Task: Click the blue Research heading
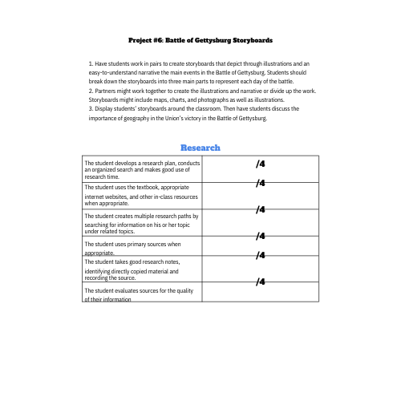pyautogui.click(x=200, y=148)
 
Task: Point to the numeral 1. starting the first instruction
pyautogui.click(x=91, y=63)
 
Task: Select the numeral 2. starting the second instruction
pyautogui.click(x=91, y=91)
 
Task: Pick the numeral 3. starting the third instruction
pyautogui.click(x=91, y=108)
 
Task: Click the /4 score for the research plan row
pyautogui.click(x=260, y=164)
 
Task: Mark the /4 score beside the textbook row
pyautogui.click(x=260, y=184)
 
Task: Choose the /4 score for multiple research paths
pyautogui.click(x=260, y=210)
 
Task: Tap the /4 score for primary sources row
pyautogui.click(x=260, y=236)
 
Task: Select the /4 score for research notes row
pyautogui.click(x=260, y=256)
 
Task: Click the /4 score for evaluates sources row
pyautogui.click(x=260, y=282)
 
